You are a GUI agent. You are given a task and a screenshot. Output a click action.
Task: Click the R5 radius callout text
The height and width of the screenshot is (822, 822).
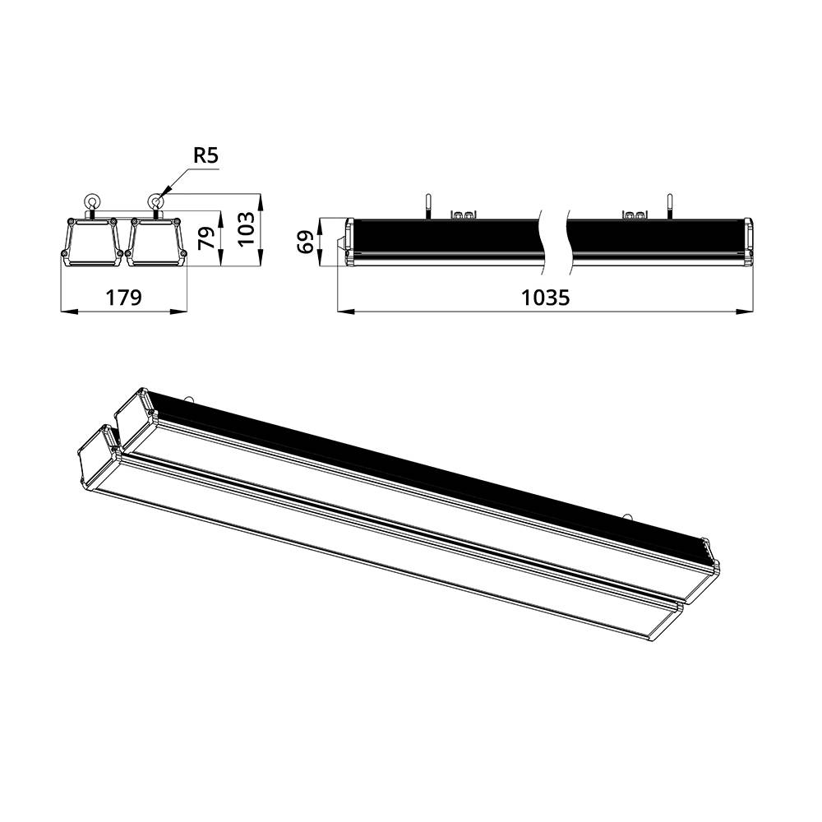coord(205,156)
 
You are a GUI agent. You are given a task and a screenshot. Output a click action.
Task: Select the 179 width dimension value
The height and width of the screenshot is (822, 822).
coord(123,297)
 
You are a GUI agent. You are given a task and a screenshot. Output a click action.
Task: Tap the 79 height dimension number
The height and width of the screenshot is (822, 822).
coord(208,238)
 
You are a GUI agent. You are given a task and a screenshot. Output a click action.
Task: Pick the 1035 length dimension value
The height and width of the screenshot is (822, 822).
coord(545,297)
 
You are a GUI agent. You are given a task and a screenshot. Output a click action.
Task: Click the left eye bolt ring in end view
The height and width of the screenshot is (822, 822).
coord(90,201)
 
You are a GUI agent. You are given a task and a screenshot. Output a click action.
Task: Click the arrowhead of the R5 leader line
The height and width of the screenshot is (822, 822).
coord(162,194)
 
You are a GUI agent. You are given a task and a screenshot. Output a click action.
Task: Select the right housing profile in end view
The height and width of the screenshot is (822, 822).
coord(155,242)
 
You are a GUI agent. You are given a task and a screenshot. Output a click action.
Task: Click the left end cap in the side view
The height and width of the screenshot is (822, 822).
coord(349,242)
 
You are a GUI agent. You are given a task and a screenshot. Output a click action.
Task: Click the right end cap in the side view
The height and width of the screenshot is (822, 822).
coord(748,242)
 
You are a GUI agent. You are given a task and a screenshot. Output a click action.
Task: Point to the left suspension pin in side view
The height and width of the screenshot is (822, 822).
coord(427,205)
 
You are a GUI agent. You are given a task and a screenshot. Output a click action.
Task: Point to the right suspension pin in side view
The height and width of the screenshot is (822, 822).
coord(669,205)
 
